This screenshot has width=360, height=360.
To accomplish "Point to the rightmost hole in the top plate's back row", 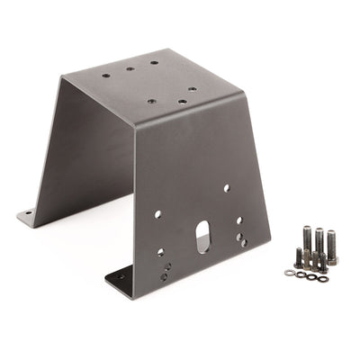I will point(154,64).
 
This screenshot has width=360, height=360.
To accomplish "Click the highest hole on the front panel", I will point(226,188).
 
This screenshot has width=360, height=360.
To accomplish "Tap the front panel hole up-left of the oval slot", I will point(157,214).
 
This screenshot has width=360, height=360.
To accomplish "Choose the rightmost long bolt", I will point(332,246).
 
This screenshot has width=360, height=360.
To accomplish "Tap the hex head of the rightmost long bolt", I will point(332,236).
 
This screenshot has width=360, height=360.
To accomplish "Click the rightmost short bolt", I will point(322,264).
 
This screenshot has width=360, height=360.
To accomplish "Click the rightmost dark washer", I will point(322,278).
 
